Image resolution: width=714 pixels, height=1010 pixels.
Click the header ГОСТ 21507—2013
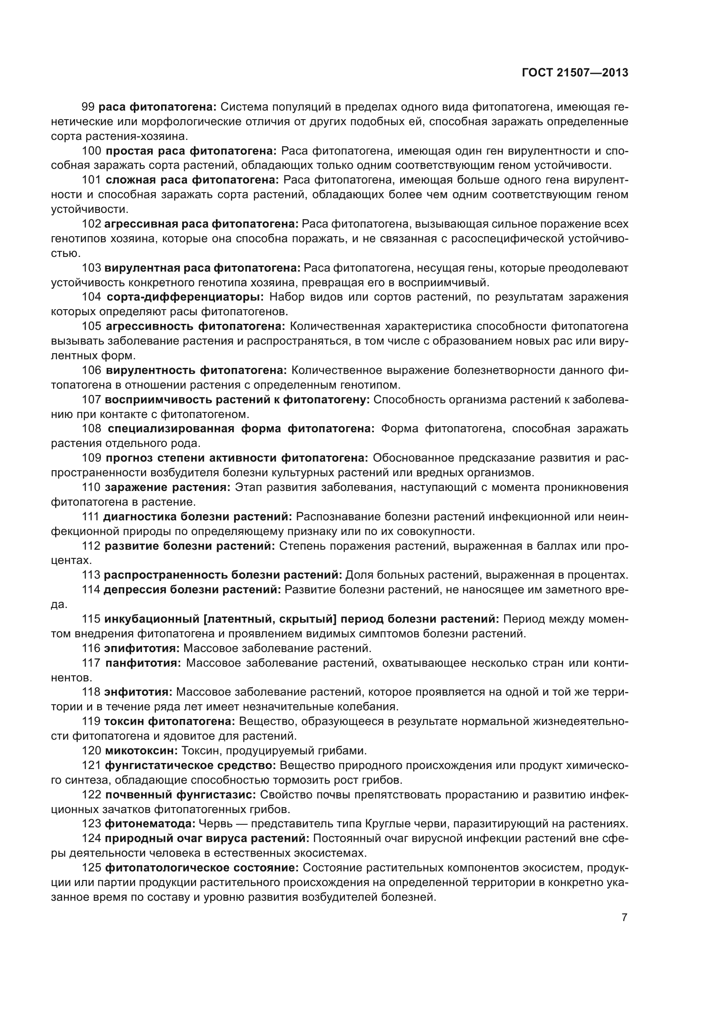575,73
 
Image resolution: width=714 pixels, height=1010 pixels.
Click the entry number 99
88,107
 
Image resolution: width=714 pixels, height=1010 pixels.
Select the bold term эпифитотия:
142,648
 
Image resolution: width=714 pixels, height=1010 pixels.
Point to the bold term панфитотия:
143,662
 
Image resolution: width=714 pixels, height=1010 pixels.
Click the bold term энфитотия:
138,692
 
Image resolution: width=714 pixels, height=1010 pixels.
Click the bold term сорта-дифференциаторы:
185,297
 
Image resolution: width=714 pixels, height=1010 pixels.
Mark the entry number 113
91,575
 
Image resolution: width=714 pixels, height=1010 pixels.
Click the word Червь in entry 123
213,823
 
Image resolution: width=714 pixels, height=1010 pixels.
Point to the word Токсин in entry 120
196,750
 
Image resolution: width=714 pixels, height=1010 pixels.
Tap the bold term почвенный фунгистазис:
181,795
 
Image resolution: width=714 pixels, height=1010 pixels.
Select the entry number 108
92,428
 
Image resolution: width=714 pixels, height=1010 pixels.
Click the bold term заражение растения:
167,487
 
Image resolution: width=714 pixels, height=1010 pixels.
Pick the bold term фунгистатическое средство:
190,766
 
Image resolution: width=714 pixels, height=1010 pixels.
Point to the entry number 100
92,151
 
